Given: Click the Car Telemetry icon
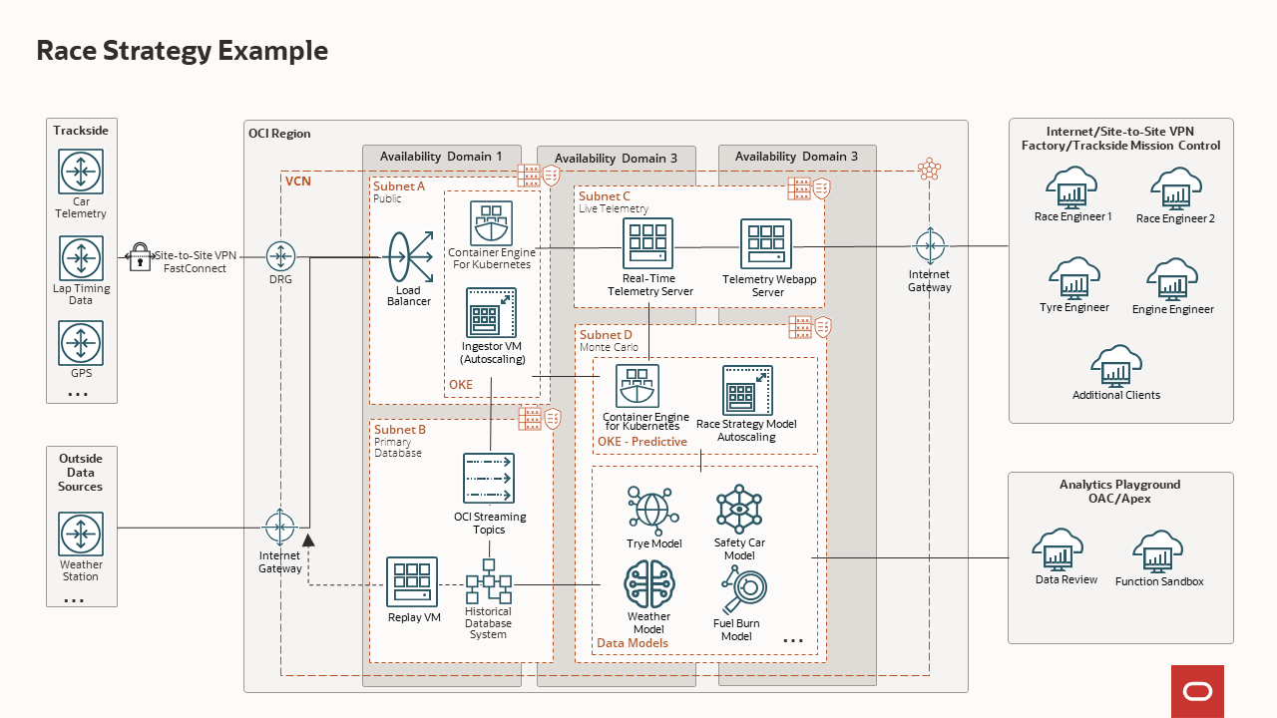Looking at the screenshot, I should [81, 172].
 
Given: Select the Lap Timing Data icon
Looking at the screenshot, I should [81, 259].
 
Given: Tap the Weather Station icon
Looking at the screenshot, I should [81, 535].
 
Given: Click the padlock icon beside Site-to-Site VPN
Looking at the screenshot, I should [140, 256].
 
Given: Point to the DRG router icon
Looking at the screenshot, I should [280, 256].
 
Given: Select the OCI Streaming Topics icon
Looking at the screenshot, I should [489, 479].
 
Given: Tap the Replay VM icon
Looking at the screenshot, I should [412, 581].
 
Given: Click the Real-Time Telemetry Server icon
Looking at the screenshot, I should [648, 243].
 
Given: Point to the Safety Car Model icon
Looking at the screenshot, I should [739, 509].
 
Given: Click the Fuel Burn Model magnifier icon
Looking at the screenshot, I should [739, 591].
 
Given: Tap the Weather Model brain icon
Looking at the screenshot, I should [649, 584].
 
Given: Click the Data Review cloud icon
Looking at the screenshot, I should [1065, 549].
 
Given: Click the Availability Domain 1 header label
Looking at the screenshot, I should [435, 156].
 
